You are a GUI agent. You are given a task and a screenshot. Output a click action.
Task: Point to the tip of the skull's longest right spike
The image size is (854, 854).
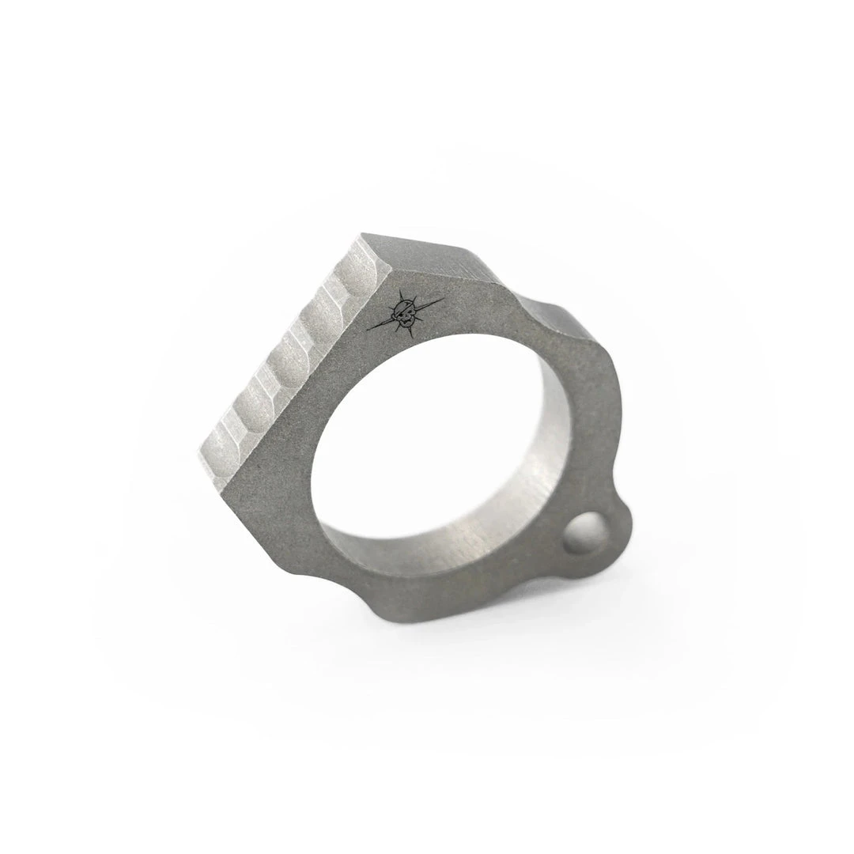coord(443,298)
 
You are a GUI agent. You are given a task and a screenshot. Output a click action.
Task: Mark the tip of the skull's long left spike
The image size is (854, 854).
coord(367,329)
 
